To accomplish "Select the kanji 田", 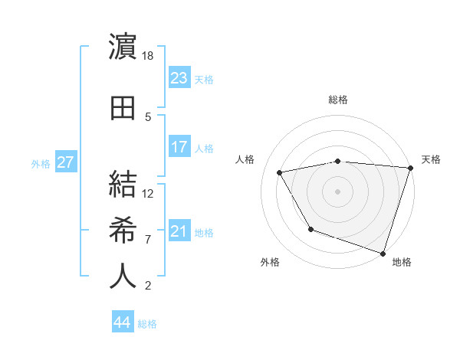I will [x=123, y=108].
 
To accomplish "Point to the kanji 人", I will [x=123, y=277].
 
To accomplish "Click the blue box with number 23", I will [x=179, y=77].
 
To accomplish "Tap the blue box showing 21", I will [x=179, y=231].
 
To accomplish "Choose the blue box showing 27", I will [x=66, y=162].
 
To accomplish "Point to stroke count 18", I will [x=149, y=57].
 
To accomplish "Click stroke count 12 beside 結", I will [x=149, y=194].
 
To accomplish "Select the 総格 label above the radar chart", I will [x=338, y=100].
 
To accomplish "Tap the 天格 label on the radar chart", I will [x=431, y=159].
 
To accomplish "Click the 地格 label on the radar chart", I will [x=402, y=263].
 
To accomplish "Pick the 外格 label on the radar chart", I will [x=270, y=263].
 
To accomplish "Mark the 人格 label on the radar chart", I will [x=245, y=159].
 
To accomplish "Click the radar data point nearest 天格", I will [x=410, y=168].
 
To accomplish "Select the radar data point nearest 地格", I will [x=383, y=252].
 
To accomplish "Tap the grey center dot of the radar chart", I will [x=338, y=191].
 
